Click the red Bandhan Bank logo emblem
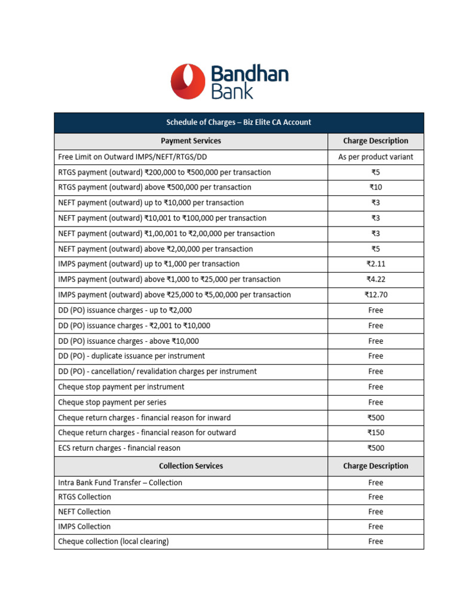(x=187, y=82)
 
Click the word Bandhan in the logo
(x=250, y=75)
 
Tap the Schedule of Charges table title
(x=238, y=123)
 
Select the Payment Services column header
(x=191, y=141)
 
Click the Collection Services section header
(x=191, y=466)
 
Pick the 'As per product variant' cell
(x=375, y=157)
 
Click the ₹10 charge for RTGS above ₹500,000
(x=375, y=188)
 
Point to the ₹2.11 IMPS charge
(x=375, y=264)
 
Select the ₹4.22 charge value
(x=375, y=280)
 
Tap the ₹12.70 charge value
(x=375, y=295)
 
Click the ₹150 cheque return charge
(x=375, y=433)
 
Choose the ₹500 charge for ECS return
(x=375, y=448)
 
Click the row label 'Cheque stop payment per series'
(x=112, y=402)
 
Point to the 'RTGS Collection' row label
(x=84, y=497)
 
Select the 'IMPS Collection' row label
(x=84, y=527)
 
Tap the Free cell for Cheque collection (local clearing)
(x=375, y=541)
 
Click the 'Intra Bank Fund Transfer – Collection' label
(x=120, y=482)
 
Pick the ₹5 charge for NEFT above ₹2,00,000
(x=375, y=249)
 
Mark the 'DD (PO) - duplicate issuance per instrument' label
(x=131, y=356)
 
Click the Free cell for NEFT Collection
(x=375, y=512)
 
